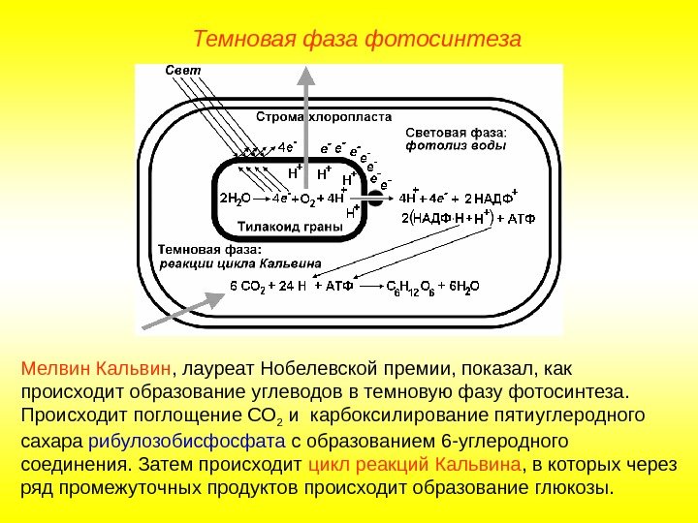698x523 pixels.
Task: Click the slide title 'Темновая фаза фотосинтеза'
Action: tap(357, 40)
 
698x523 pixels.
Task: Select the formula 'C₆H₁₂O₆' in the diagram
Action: tap(410, 286)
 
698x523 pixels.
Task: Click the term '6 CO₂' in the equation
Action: tap(248, 286)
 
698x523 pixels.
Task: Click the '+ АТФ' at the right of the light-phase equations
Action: tap(516, 219)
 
